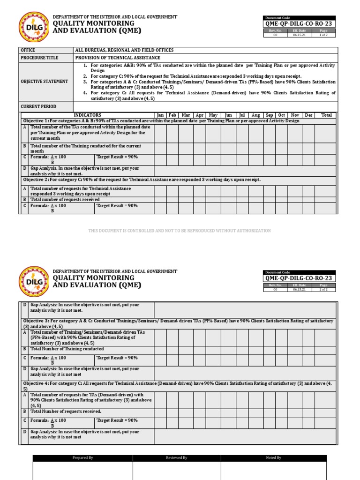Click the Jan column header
point(160,115)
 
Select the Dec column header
point(308,115)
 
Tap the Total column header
point(326,115)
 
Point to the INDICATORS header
point(87,115)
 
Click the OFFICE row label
point(28,50)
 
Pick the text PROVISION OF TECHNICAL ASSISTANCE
point(118,58)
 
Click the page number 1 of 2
point(323,35)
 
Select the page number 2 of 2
point(323,290)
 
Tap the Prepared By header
point(83,457)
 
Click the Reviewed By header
point(177,457)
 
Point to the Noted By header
point(273,457)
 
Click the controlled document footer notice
point(180,231)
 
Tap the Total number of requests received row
point(65,200)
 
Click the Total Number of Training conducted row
point(67,349)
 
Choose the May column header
point(213,115)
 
